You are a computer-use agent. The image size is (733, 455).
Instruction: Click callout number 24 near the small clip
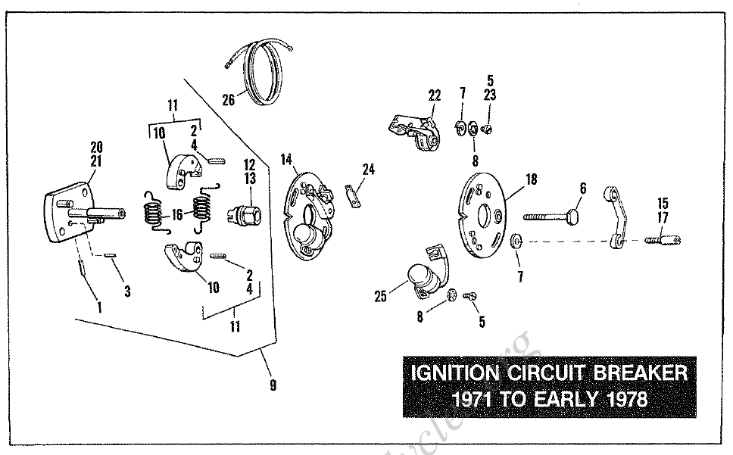pyautogui.click(x=368, y=170)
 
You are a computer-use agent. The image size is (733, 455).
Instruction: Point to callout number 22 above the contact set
pyautogui.click(x=434, y=95)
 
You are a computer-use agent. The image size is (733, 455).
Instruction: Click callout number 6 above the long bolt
pyautogui.click(x=583, y=187)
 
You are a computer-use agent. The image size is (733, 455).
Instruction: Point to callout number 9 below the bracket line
pyautogui.click(x=273, y=385)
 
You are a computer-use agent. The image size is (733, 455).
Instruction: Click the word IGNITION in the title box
pyautogui.click(x=454, y=373)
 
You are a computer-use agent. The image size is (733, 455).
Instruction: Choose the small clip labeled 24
pyautogui.click(x=351, y=195)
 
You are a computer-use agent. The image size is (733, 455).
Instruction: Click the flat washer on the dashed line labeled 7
pyautogui.click(x=515, y=241)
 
